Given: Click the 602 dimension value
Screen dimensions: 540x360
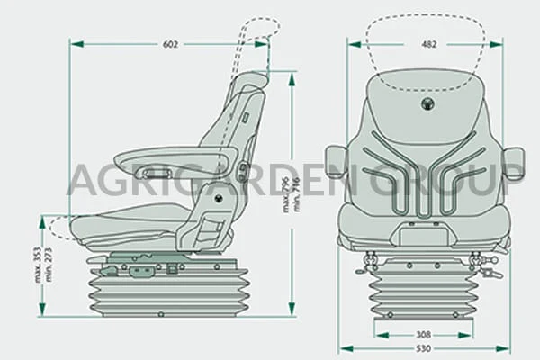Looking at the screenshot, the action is pos(170,44).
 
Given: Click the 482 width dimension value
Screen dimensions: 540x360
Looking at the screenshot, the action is pos(429,44).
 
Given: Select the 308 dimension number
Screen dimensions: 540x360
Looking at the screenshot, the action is pos(423,335).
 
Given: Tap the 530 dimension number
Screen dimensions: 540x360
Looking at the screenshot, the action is pos(423,348).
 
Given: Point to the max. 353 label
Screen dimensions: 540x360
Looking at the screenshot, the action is pos(38,265).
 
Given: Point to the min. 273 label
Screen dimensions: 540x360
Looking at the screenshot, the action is pos(48,265).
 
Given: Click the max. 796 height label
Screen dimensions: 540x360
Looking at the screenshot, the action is pos(286,195).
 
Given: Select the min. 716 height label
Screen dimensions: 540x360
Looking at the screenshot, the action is pos(296,195).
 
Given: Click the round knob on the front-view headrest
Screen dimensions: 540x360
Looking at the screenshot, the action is pos(427,103).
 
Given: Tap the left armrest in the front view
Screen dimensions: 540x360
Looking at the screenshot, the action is pos(336,161).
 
